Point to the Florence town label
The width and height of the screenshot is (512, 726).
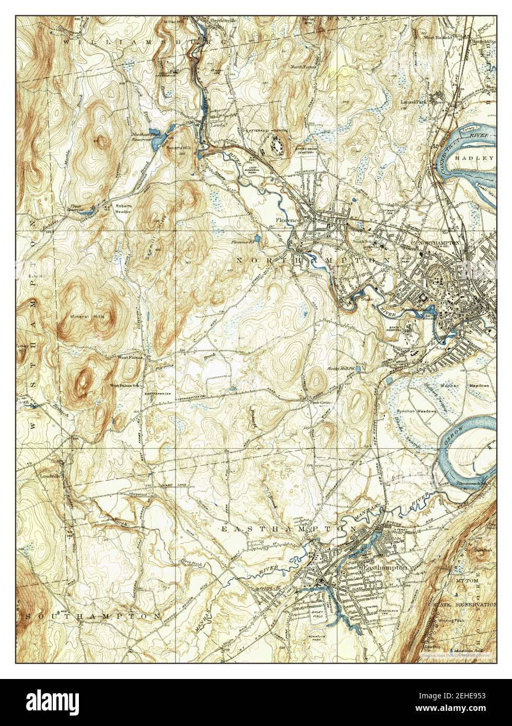(x=287, y=220)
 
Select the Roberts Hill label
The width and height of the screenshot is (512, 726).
(x=176, y=148)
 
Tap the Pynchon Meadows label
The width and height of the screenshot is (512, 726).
(x=416, y=412)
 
